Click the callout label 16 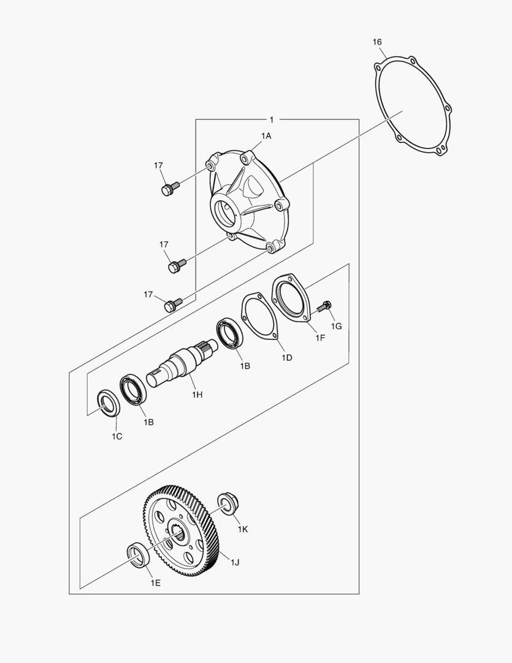coord(377,42)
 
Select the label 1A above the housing coord(266,135)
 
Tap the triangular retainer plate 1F coord(292,298)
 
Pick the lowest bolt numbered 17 coord(172,304)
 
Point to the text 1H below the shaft coord(196,395)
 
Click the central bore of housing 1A coord(227,209)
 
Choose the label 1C coord(117,436)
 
